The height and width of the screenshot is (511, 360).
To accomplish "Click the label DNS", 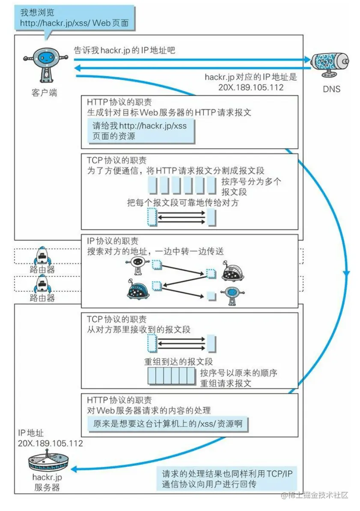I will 331,89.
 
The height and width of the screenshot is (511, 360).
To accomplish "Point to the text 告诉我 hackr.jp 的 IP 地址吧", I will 125,51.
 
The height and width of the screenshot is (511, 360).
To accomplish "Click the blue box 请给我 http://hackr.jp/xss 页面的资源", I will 140,131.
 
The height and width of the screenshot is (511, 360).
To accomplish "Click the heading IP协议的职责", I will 113,242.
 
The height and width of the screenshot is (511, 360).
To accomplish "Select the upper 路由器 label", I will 42,270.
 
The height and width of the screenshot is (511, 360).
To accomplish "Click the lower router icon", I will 42,283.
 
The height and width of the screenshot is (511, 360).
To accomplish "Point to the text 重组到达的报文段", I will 179,361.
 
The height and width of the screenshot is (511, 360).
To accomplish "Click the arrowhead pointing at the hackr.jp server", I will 73,469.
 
